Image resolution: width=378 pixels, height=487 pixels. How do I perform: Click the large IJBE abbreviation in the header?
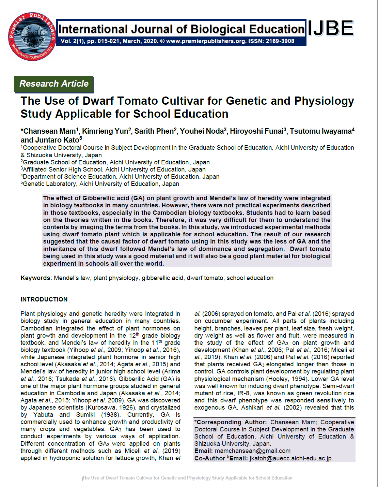tap(331, 28)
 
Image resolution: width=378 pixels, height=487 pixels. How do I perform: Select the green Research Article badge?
tap(54, 84)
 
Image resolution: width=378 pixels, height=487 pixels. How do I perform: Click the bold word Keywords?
tap(35, 278)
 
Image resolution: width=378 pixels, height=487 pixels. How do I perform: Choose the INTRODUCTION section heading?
tap(44, 299)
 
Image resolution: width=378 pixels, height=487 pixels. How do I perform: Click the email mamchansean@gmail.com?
tap(252, 451)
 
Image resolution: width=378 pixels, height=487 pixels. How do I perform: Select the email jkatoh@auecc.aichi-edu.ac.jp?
tap(290, 458)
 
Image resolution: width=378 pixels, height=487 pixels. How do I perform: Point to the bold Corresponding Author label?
tap(231, 422)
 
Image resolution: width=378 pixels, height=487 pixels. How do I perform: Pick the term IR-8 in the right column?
tap(243, 393)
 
